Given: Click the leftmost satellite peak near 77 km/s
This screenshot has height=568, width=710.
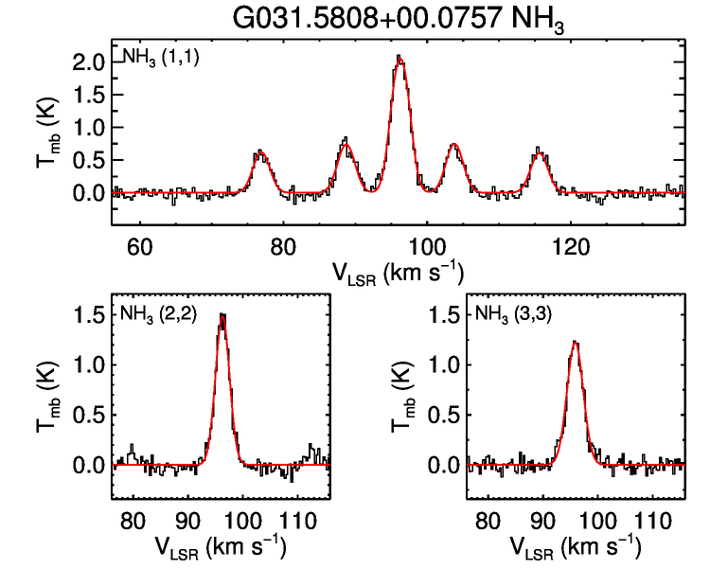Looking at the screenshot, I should [x=261, y=152].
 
